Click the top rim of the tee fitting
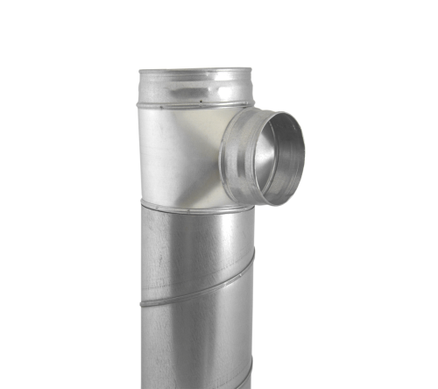point(195,71)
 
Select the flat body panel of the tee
point(175,153)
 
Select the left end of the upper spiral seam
point(143,302)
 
